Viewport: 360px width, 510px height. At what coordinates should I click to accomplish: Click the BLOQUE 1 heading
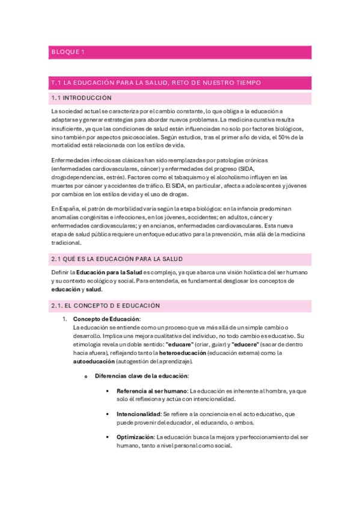68,52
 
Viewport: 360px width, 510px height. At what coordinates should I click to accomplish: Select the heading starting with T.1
156,82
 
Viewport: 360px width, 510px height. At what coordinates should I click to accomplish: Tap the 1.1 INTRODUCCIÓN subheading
82,97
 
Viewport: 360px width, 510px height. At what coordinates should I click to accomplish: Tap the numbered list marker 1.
65,319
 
